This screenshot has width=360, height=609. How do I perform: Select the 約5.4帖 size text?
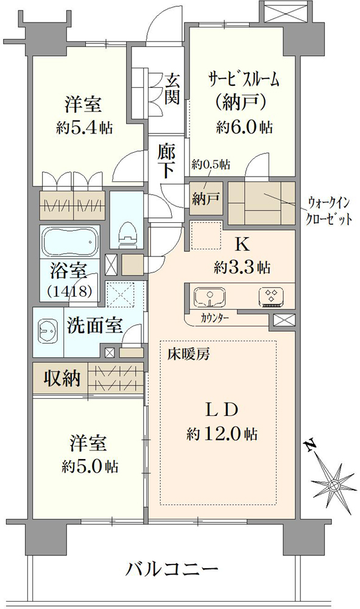pos(84,127)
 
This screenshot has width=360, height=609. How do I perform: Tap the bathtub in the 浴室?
pos(69,242)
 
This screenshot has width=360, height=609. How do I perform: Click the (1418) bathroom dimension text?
pos(69,291)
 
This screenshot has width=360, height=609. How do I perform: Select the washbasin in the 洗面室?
pos(48,330)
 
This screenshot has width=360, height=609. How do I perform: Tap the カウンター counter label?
pos(215,319)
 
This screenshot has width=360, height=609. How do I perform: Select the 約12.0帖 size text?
pos(221,434)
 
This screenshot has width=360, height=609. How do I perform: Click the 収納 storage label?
pos(62,378)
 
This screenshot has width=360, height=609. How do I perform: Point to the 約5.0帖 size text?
pos(90,466)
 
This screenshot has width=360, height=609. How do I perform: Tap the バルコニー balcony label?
pos(172,570)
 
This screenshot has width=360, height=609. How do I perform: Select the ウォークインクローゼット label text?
pos(330,211)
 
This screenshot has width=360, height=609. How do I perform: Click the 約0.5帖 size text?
pos(211,164)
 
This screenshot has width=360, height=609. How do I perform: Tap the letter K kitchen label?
pos(242,245)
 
